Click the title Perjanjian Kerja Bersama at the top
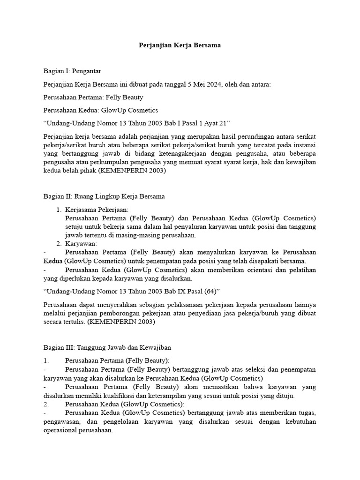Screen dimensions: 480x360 click(x=180, y=45)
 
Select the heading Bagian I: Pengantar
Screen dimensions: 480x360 click(x=72, y=71)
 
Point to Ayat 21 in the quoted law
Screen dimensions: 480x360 click(x=210, y=123)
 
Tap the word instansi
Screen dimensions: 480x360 click(x=305, y=145)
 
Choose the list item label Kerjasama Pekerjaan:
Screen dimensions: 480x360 click(x=97, y=210)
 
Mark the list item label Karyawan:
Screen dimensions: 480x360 click(x=81, y=244)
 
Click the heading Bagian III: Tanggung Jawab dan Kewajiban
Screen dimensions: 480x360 click(x=107, y=347)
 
